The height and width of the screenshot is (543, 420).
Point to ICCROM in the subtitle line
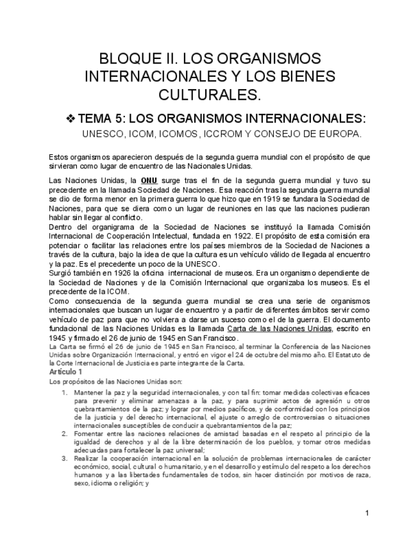pyautogui.click(x=224, y=134)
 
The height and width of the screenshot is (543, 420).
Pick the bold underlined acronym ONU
pyautogui.click(x=149, y=181)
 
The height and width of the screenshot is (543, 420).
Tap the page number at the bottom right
pyautogui.click(x=367, y=513)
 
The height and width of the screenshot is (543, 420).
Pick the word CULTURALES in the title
pyautogui.click(x=210, y=95)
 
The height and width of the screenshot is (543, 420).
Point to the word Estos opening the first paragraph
pyautogui.click(x=59, y=157)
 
